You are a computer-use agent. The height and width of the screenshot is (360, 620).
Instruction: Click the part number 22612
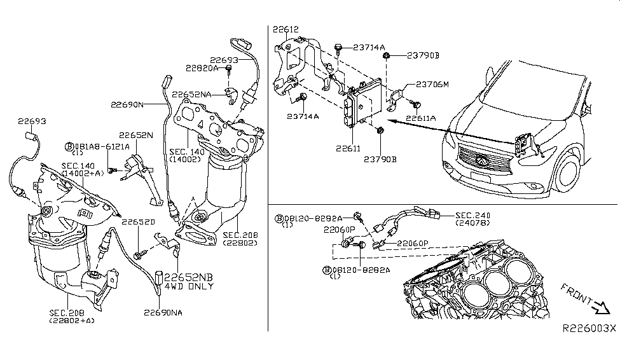pos(286,29)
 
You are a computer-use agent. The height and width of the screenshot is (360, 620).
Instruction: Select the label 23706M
pos(432,84)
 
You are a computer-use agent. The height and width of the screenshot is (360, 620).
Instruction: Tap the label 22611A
pos(421,118)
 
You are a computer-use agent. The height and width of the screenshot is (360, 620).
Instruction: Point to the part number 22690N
pos(127,104)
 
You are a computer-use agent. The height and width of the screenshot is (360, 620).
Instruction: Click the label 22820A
pos(202,68)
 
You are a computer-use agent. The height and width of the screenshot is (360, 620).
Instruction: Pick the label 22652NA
pos(191,95)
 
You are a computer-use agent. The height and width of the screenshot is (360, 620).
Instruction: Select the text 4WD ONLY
pos(189,286)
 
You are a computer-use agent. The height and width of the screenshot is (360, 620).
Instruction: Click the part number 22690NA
pos(163,312)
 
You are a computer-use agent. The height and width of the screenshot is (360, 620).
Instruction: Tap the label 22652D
pos(138,222)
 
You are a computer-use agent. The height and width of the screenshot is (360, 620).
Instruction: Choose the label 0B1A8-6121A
pos(97,147)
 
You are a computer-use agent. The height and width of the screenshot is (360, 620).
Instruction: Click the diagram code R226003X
pos(589,328)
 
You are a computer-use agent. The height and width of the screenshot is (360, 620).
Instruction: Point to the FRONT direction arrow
pos(601,307)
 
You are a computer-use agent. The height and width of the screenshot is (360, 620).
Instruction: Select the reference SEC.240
pos(472,215)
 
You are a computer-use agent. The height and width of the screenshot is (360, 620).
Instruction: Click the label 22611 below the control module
pos(348,148)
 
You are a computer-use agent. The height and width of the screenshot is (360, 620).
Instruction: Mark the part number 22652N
pos(135,135)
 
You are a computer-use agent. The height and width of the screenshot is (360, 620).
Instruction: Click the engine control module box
pos(359,103)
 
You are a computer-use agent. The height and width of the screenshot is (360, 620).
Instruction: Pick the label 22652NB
pos(189,277)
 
